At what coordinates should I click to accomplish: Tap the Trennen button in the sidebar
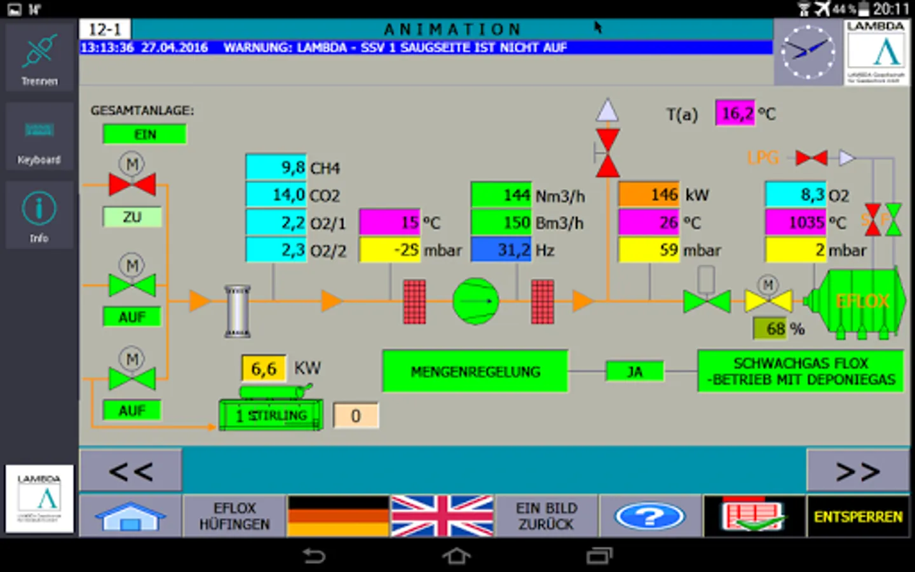(39, 58)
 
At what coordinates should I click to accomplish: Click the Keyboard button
(39, 137)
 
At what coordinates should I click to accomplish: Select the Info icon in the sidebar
(39, 215)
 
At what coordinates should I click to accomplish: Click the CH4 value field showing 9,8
(276, 168)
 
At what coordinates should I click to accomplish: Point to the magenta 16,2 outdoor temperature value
(735, 114)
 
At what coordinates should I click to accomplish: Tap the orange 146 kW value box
(649, 195)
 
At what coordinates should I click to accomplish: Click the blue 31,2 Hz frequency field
(501, 250)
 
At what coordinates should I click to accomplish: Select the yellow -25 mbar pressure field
(390, 250)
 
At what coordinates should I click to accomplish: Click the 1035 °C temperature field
(796, 222)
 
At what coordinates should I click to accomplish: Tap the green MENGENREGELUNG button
(475, 372)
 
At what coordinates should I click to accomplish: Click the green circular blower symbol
(475, 301)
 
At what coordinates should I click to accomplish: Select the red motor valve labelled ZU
(132, 184)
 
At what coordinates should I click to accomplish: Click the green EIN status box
(145, 135)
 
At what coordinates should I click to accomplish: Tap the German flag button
(338, 516)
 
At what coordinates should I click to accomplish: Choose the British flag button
(442, 516)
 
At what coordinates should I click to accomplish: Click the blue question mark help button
(649, 516)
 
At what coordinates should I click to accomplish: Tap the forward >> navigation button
(858, 471)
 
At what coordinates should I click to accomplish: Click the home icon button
(130, 516)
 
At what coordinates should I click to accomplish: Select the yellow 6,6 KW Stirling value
(263, 369)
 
